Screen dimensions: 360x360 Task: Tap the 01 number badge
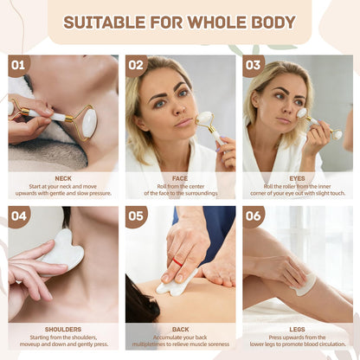(x=18, y=65)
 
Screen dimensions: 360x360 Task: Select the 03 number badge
(x=253, y=65)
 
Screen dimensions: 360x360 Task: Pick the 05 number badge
(x=136, y=216)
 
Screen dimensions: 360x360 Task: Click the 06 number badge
(x=253, y=216)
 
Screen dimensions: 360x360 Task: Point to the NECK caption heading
(x=63, y=178)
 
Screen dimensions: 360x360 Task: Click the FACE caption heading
(x=180, y=178)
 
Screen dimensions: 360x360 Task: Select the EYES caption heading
(x=297, y=178)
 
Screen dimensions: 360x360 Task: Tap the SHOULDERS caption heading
(x=63, y=330)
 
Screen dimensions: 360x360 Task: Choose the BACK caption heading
(x=180, y=330)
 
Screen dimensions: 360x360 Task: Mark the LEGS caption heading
(x=297, y=330)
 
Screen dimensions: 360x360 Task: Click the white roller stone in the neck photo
(x=89, y=122)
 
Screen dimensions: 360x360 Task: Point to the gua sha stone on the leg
(x=305, y=285)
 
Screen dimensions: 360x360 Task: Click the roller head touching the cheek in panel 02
(x=204, y=118)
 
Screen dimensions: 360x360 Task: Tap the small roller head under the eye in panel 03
(x=302, y=112)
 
